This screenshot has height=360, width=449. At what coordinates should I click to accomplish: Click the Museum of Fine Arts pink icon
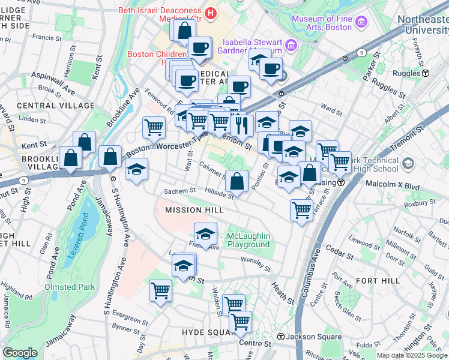(x=361, y=23)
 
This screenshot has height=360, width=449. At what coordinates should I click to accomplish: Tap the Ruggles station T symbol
(x=426, y=73)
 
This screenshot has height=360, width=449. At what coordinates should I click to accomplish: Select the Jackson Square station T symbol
(x=280, y=337)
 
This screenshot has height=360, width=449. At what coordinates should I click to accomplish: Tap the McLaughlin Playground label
(x=249, y=240)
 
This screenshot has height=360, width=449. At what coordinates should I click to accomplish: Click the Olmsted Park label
(x=70, y=287)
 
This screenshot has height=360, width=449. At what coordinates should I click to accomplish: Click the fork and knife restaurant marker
(x=241, y=124)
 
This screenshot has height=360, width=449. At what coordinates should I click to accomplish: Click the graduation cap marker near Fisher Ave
(x=205, y=233)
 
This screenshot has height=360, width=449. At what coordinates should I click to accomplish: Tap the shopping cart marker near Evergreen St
(x=160, y=291)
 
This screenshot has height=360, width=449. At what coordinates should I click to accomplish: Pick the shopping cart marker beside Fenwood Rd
(x=154, y=127)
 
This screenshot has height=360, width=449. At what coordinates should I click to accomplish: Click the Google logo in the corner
(x=20, y=353)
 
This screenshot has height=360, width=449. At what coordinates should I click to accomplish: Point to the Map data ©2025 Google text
(x=412, y=355)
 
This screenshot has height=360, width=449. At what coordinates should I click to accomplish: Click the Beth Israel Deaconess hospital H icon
(x=210, y=11)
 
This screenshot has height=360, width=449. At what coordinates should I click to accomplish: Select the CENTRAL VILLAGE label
(x=56, y=106)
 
